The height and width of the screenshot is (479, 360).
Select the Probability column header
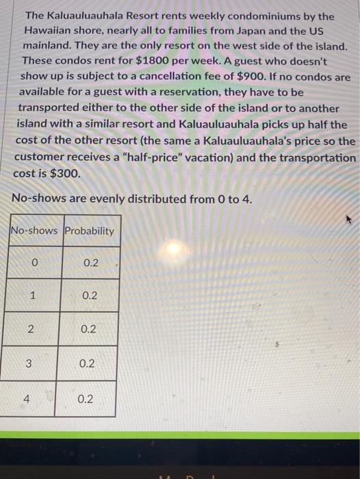pyautogui.click(x=89, y=231)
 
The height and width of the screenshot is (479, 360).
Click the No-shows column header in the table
pyautogui.click(x=36, y=231)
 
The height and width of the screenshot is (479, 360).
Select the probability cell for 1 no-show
pyautogui.click(x=90, y=296)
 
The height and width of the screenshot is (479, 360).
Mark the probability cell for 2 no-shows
pyautogui.click(x=89, y=329)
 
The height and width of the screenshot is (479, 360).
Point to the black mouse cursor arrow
pyautogui.click(x=348, y=220)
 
